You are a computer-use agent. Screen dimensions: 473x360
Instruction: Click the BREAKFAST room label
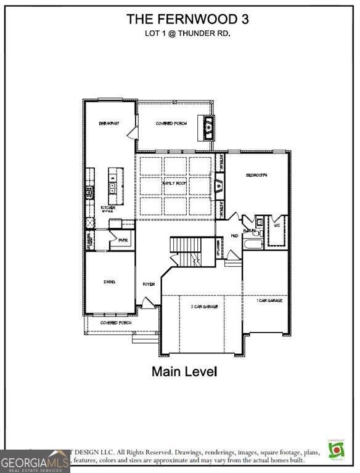[109, 124]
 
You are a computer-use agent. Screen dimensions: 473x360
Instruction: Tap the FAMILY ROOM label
[174, 184]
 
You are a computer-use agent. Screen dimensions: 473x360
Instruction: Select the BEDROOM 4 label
[257, 176]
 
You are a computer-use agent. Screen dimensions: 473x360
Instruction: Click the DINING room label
[109, 281]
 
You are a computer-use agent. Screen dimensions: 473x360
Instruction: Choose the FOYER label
[149, 285]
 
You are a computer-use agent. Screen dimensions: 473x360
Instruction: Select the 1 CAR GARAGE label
[269, 301]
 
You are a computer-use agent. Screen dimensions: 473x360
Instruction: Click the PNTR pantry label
[123, 241]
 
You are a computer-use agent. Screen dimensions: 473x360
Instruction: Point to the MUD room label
[235, 236]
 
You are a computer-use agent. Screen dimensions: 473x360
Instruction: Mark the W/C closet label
[277, 226]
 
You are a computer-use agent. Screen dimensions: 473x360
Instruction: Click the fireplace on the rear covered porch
[209, 127]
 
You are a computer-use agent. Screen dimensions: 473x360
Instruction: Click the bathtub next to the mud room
[253, 244]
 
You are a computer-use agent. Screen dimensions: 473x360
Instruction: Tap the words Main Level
[184, 371]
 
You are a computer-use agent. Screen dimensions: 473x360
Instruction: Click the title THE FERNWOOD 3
[187, 19]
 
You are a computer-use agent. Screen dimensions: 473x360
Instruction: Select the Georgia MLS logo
[35, 461]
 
